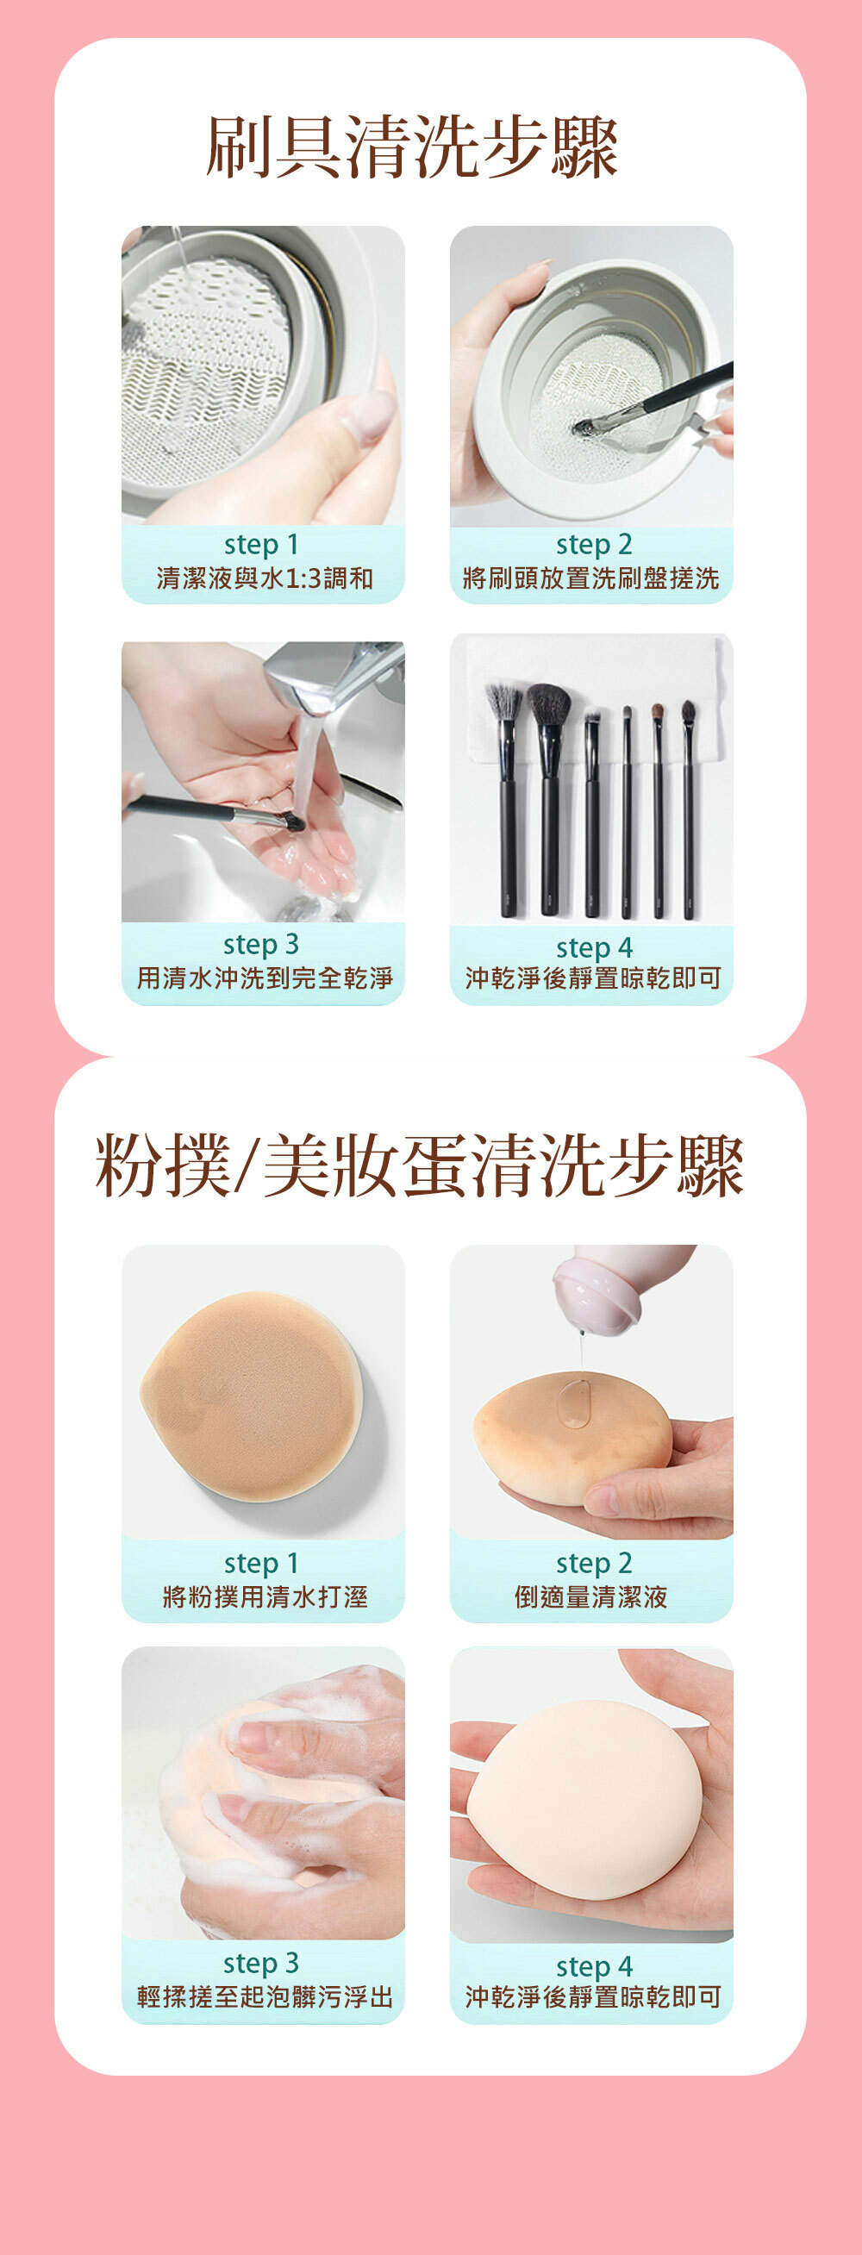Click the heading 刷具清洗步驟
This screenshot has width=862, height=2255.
412,147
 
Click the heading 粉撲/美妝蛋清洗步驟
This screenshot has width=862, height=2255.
420,1165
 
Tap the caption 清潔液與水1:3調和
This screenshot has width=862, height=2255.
265,578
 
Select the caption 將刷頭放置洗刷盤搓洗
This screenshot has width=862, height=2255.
591,578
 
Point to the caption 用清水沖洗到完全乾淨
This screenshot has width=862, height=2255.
265,978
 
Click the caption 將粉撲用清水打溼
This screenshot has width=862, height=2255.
265,1596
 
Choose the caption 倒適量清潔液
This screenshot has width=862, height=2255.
591,1596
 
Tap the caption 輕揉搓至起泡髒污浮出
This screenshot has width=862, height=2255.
265,1996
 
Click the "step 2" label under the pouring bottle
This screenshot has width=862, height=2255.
593,1564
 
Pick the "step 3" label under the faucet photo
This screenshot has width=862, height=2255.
261,945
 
